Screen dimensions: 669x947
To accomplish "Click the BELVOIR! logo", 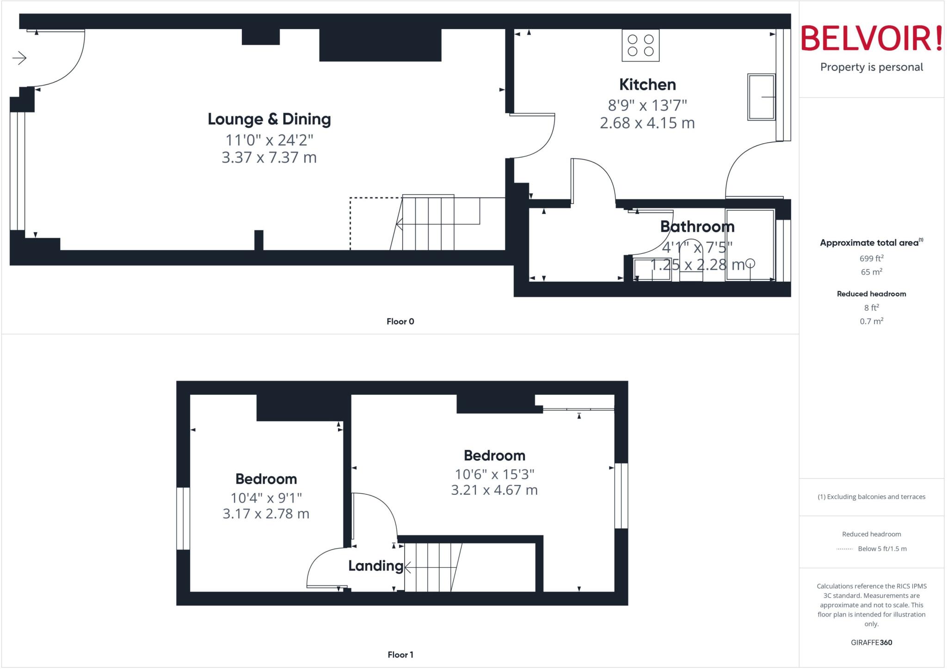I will click(871, 38).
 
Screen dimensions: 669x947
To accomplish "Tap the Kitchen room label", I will click(647, 85).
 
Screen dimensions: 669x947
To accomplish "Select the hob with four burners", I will click(640, 45).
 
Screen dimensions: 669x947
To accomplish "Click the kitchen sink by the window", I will click(761, 97).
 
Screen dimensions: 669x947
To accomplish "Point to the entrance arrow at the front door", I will click(19, 58).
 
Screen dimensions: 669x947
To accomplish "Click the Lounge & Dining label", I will click(269, 119).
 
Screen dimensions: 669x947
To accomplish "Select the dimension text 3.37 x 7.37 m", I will click(269, 158).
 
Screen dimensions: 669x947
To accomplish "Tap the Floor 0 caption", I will click(400, 321).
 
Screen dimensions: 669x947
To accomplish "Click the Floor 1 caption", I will click(400, 655).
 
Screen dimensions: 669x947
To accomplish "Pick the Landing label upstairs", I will click(375, 566).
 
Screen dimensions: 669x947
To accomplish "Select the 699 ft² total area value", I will click(871, 258).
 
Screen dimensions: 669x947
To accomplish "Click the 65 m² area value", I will click(871, 272).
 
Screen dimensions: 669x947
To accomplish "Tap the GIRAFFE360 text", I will click(871, 642).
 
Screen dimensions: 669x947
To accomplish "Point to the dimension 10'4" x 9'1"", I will click(266, 498).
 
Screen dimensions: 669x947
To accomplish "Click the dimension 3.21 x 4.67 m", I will click(494, 490).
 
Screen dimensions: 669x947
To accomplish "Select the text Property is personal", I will click(871, 68).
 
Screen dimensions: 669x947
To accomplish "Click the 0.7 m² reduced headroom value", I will click(871, 321).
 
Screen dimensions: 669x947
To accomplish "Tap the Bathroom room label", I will click(697, 227).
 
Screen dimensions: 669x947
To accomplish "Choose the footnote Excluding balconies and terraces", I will click(871, 497).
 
